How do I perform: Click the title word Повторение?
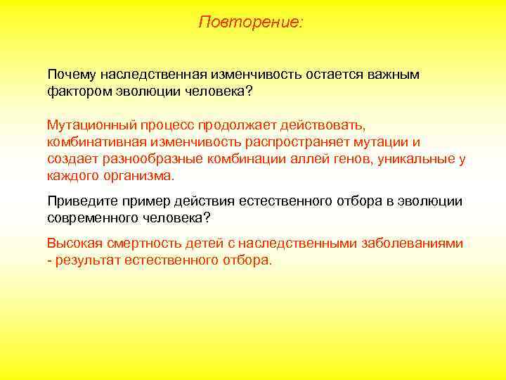pyautogui.click(x=249, y=22)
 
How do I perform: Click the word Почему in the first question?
pyautogui.click(x=71, y=75)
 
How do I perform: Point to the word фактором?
pyautogui.click(x=76, y=91)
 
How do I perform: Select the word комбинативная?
pyautogui.click(x=91, y=142)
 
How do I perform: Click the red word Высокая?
pyautogui.click(x=73, y=243)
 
